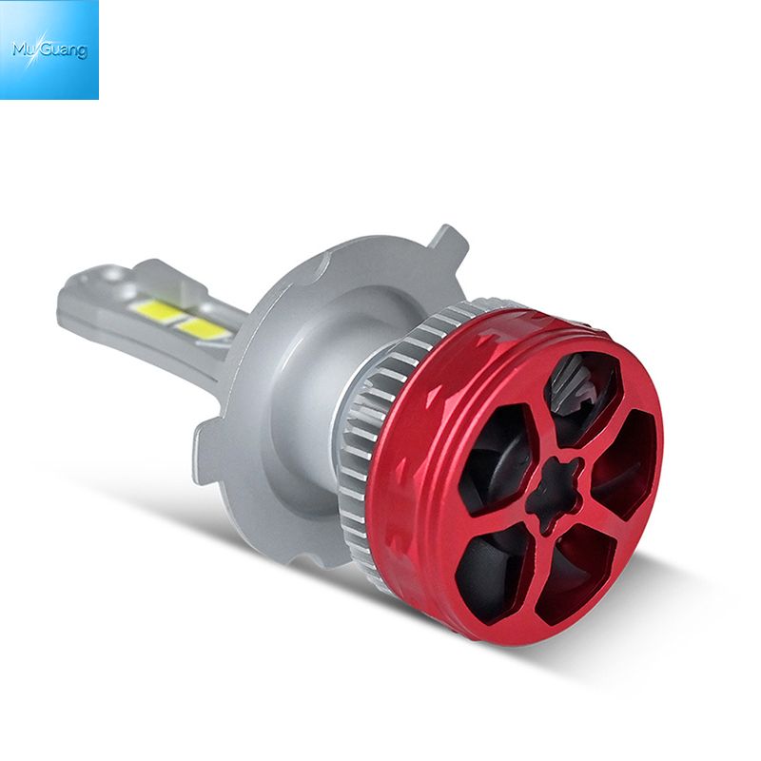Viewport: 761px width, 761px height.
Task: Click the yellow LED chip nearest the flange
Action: (202, 329)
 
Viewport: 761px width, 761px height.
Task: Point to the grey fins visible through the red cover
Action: (572, 375)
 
